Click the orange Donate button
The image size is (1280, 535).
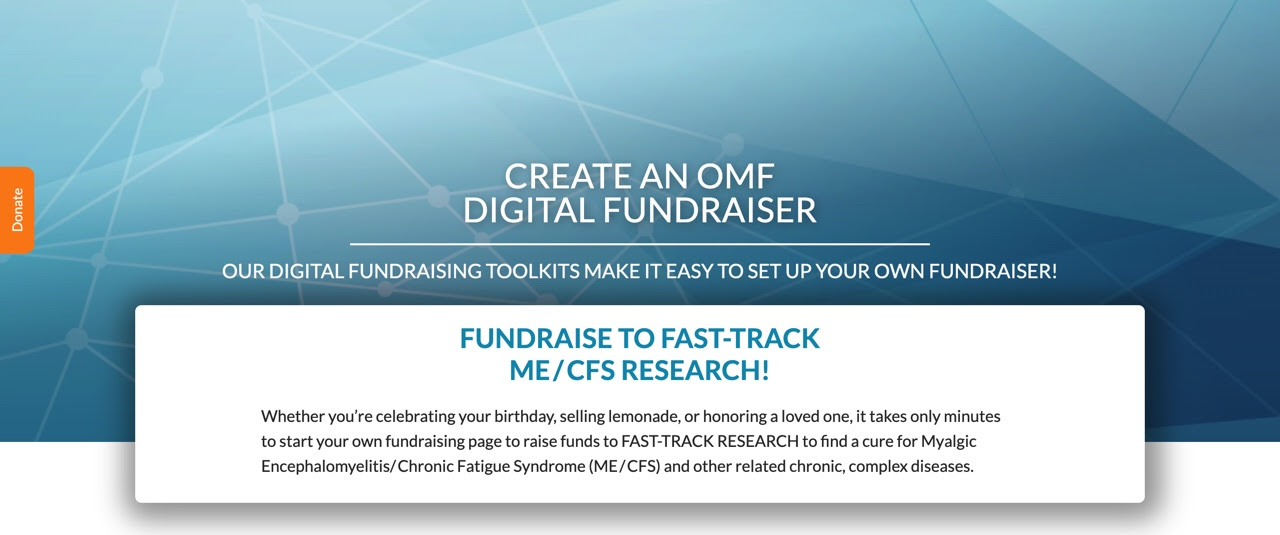[17, 210]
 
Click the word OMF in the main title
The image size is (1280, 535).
[735, 176]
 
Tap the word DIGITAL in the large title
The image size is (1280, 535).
[529, 210]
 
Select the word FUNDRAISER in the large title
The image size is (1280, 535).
[710, 210]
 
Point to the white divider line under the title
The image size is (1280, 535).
[640, 244]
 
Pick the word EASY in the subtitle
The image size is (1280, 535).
[689, 271]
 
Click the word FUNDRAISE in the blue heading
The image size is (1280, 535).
[535, 338]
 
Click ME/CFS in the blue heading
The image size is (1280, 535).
[562, 370]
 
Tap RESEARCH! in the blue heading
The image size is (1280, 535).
[695, 370]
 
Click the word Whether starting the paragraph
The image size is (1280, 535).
[293, 416]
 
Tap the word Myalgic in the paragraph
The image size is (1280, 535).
[949, 442]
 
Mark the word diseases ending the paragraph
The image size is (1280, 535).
[942, 466]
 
